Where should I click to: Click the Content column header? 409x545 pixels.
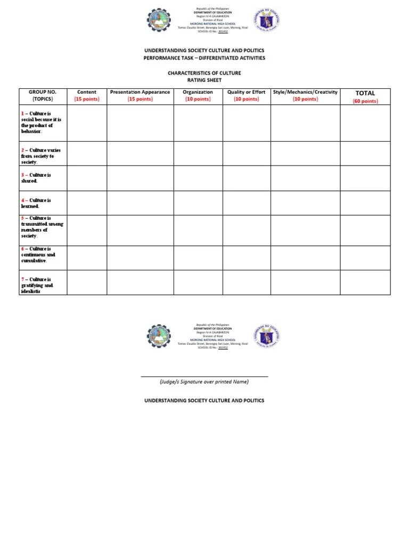pos(87,96)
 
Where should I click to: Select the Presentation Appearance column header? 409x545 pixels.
pos(140,96)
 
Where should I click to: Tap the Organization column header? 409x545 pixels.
pos(198,96)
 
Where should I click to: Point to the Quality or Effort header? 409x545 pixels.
pos(246,96)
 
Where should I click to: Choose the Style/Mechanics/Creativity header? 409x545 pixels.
pos(305,96)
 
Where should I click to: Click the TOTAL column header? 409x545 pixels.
pos(365,93)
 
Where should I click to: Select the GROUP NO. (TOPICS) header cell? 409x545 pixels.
pos(43,96)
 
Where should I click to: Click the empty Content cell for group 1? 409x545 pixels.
pos(87,123)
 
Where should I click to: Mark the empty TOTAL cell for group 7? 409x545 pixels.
pos(365,282)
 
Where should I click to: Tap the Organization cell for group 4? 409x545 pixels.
pos(198,203)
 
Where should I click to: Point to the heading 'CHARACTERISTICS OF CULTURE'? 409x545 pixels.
pos(204,73)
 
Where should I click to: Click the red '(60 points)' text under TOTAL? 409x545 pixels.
pos(365,101)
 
